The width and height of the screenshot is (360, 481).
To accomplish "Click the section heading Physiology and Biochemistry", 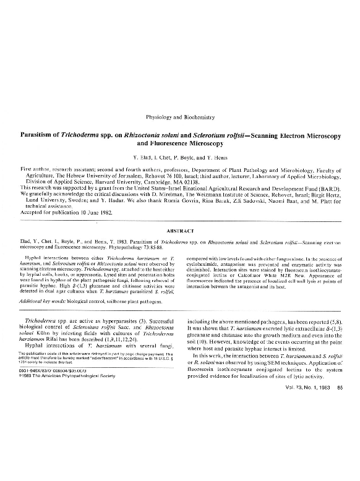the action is click(x=179, y=116).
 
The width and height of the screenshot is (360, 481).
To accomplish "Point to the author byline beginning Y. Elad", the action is click(x=179, y=157).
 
